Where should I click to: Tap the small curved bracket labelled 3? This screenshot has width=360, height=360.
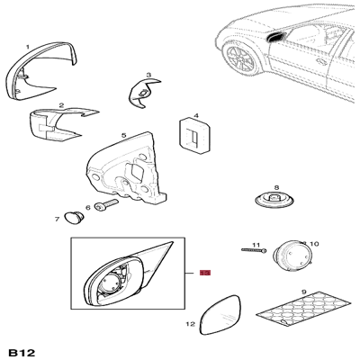pyautogui.click(x=143, y=93)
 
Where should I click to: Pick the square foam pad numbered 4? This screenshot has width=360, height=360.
pyautogui.click(x=194, y=136)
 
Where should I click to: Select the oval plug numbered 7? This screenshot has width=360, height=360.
pyautogui.click(x=74, y=218)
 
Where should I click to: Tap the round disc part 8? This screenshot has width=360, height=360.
pyautogui.click(x=274, y=201)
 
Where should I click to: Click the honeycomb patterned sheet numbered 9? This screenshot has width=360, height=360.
pyautogui.click(x=303, y=309)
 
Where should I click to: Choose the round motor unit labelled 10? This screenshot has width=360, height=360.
pyautogui.click(x=292, y=256)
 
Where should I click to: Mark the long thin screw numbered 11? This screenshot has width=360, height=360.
pyautogui.click(x=254, y=250)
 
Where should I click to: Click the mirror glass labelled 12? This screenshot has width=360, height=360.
pyautogui.click(x=220, y=315)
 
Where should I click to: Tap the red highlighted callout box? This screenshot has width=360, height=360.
pyautogui.click(x=205, y=273)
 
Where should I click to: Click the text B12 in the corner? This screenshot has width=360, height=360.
pyautogui.click(x=22, y=353)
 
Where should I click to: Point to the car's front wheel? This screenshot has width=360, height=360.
pyautogui.click(x=240, y=58)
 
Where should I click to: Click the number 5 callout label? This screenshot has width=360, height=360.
pyautogui.click(x=123, y=136)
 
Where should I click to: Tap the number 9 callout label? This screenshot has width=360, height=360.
pyautogui.click(x=303, y=292)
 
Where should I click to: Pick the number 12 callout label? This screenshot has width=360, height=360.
pyautogui.click(x=191, y=324)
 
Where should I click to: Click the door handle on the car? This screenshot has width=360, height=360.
pyautogui.click(x=321, y=61)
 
